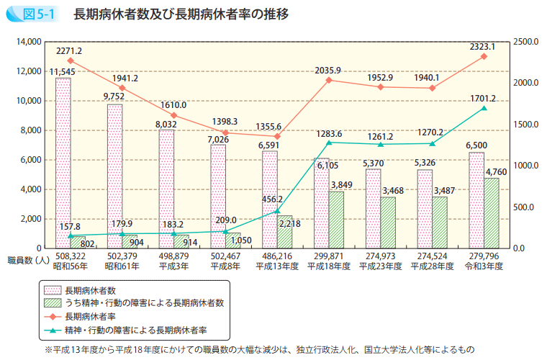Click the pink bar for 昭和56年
click(63, 163)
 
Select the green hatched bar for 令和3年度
click(492, 213)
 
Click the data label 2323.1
click(482, 46)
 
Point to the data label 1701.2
click(482, 98)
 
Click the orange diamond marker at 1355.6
click(277, 137)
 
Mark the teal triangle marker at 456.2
click(277, 211)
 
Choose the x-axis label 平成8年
click(225, 266)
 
